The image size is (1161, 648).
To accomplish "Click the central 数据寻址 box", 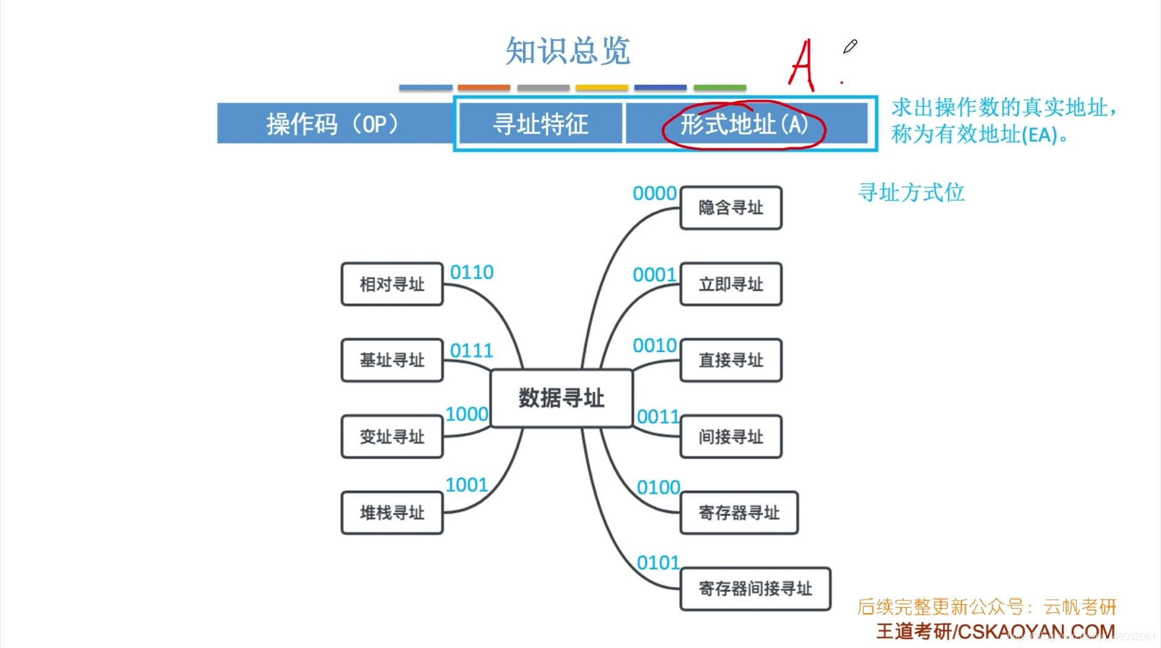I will (x=561, y=398).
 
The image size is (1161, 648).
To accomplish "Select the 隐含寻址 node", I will (x=731, y=208).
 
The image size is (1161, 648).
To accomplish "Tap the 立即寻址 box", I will (x=731, y=284).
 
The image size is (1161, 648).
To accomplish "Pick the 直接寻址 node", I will (x=731, y=360).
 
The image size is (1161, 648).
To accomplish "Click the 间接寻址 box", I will (x=731, y=436).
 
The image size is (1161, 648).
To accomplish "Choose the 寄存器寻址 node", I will (x=739, y=513).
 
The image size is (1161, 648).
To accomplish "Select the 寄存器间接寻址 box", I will (x=755, y=589).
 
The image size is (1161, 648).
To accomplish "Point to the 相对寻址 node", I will (x=392, y=284).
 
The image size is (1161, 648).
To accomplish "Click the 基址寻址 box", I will (x=392, y=360).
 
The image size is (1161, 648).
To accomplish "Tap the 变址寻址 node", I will (x=392, y=436).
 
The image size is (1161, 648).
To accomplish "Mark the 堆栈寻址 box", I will (x=392, y=513).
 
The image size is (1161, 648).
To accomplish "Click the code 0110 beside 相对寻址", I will (x=471, y=272).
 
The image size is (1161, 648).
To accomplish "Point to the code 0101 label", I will (x=658, y=563).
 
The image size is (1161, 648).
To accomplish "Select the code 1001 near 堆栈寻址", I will (x=466, y=485).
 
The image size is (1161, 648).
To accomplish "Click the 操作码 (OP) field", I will (x=333, y=124).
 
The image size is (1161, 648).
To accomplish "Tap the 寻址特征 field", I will (x=540, y=124).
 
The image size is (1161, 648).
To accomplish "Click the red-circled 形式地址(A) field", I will (x=744, y=124).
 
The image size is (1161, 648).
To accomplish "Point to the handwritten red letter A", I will (x=802, y=64).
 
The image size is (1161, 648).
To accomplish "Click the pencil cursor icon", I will (x=850, y=46).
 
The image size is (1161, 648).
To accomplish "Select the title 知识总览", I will (x=568, y=51).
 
